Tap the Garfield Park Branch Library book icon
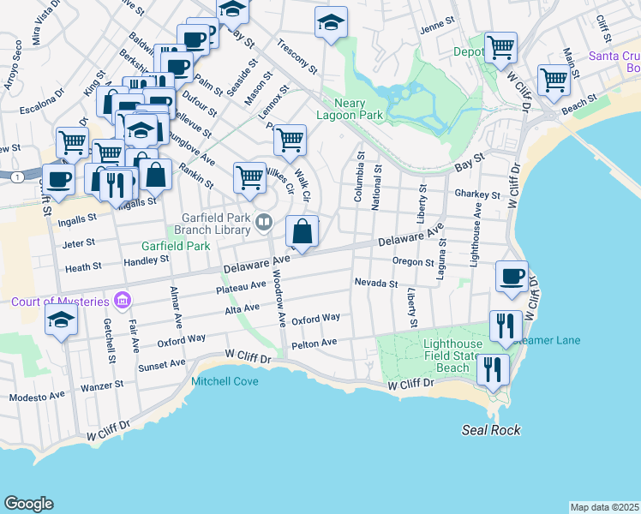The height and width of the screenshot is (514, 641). pos(265,224)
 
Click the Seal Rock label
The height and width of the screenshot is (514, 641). pos(491,430)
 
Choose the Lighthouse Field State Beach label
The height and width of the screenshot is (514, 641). pos(459,356)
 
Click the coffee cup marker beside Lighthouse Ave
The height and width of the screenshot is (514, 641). pos(512,277)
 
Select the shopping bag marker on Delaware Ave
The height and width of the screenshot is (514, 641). pos(303,231)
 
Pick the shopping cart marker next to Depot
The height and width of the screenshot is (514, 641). pos(500,47)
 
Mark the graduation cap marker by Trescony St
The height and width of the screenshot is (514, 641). pos(331,23)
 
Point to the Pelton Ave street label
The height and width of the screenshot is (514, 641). pos(314,343)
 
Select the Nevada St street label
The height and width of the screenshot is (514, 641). pos(376,283)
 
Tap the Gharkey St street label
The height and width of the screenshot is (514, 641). pos(477,195)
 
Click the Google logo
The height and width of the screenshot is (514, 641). pos(28,504)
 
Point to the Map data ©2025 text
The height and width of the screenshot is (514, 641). pos(604,507)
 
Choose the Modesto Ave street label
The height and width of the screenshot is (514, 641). pos(36,397)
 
